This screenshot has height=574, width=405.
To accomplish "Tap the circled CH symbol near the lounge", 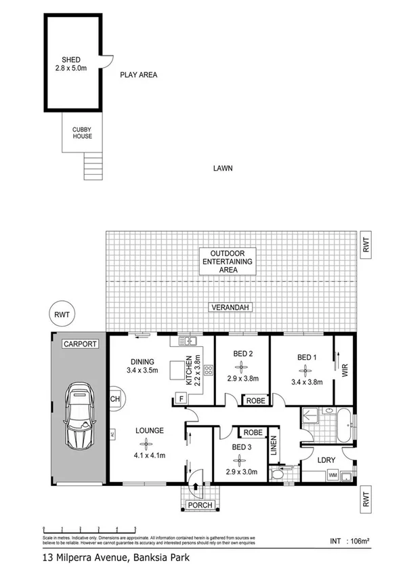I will pyautogui.click(x=114, y=398).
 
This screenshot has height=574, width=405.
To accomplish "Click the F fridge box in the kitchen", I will pyautogui.click(x=182, y=399).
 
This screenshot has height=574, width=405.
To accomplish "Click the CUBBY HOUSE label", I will pyautogui.click(x=82, y=132).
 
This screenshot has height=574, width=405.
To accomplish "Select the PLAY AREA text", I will pyautogui.click(x=139, y=75).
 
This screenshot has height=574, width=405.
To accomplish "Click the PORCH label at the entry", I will pyautogui.click(x=199, y=505).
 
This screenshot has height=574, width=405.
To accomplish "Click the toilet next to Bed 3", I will pyautogui.click(x=278, y=474).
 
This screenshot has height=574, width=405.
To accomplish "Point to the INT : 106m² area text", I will pyautogui.click(x=349, y=541).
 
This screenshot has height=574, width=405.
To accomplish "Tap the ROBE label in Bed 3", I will pyautogui.click(x=253, y=432).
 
